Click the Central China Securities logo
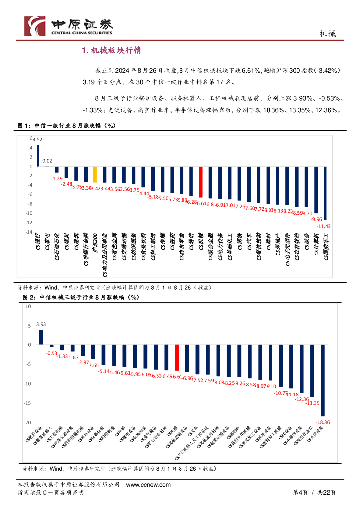(69, 26)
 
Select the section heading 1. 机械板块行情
(112, 50)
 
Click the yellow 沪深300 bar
(95, 174)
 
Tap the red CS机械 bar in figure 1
(201, 182)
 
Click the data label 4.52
(38, 140)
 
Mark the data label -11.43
(324, 226)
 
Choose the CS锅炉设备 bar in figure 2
(41, 337)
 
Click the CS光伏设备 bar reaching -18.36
(323, 380)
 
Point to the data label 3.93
(41, 324)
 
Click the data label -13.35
(312, 403)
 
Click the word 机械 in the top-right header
(327, 34)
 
